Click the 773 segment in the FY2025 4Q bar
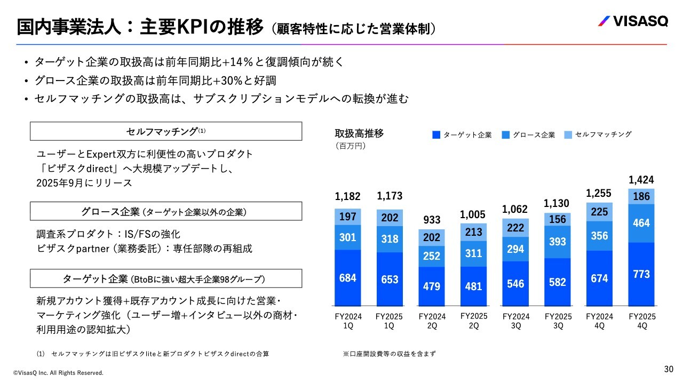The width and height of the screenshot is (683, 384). (x=641, y=274)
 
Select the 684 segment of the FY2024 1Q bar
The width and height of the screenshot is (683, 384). (x=347, y=278)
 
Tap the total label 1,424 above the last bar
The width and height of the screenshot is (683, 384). (x=641, y=180)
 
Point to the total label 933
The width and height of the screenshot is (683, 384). (x=432, y=220)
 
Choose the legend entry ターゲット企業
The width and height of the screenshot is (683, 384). (x=462, y=135)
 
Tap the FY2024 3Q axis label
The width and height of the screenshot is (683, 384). (x=516, y=321)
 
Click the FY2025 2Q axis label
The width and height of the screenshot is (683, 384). (x=474, y=321)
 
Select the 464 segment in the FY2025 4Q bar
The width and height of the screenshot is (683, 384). (x=641, y=223)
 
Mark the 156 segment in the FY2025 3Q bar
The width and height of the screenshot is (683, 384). (x=558, y=219)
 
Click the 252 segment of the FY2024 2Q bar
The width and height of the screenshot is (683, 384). (x=432, y=257)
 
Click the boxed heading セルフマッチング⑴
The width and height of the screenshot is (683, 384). (x=166, y=131)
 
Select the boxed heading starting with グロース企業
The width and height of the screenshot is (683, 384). (x=166, y=211)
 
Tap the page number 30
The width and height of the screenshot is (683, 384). (x=669, y=369)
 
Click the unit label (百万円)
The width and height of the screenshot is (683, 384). (x=350, y=145)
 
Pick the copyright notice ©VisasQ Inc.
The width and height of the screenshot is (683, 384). (x=58, y=373)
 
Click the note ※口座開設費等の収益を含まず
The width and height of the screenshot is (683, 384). (x=390, y=354)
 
